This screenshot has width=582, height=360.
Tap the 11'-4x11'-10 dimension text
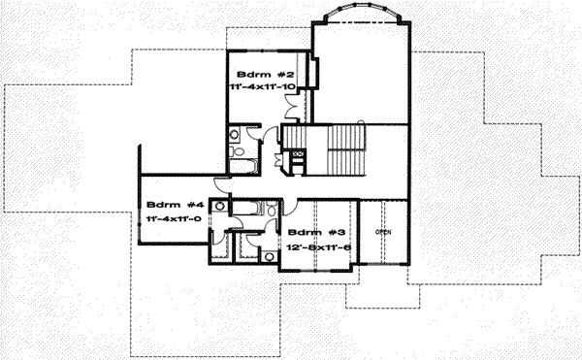(x=261, y=88)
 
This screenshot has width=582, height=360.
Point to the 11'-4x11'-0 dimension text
(x=175, y=220)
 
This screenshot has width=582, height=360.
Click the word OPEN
(x=384, y=232)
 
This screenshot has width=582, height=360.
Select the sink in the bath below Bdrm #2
(x=237, y=133)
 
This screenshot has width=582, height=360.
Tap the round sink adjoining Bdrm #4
(x=221, y=206)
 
